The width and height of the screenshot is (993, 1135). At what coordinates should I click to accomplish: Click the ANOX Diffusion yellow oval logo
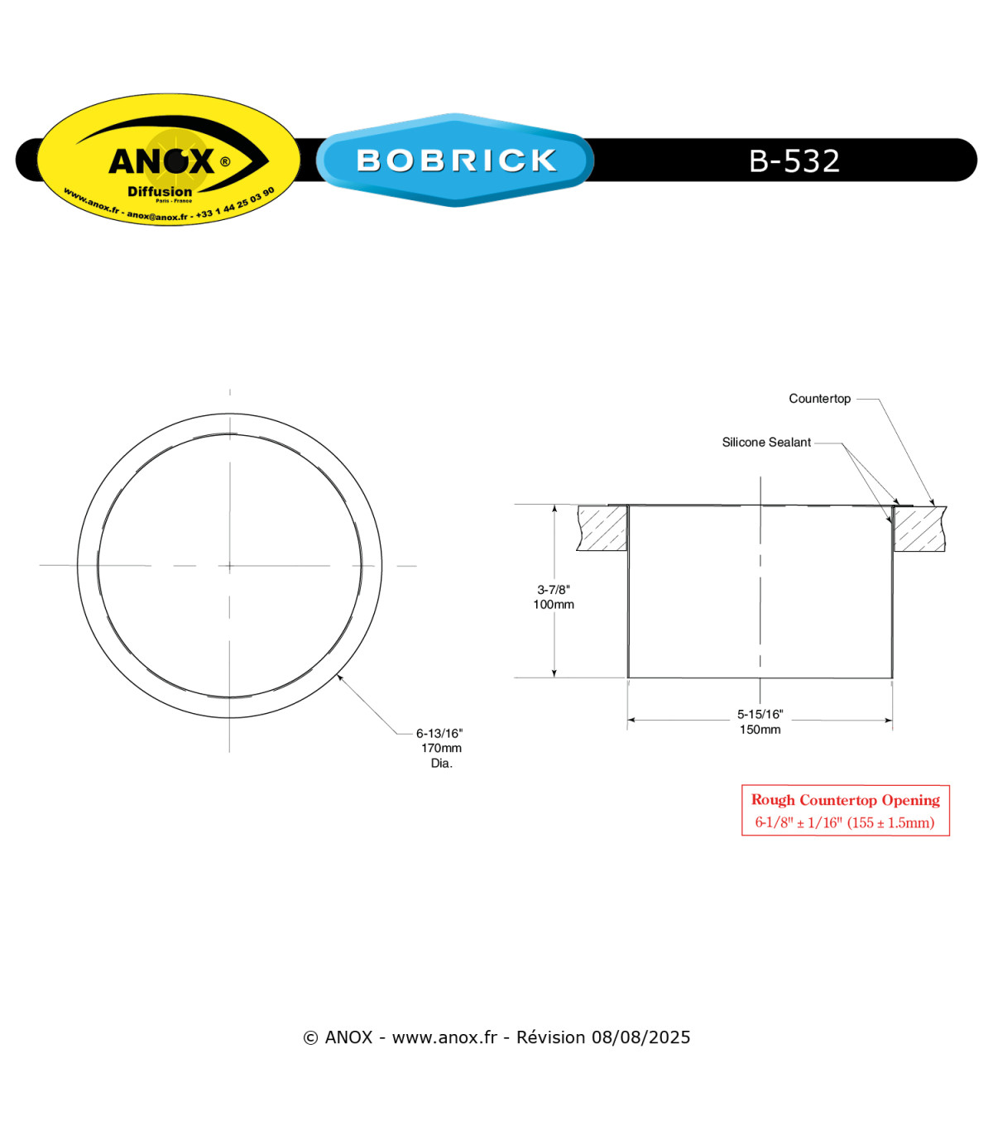169,159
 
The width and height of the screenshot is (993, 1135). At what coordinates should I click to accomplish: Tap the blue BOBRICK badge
455,160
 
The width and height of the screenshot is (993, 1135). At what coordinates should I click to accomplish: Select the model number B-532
794,160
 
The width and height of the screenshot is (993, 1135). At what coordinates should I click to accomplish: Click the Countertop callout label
819,398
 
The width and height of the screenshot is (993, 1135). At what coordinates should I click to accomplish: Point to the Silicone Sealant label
766,442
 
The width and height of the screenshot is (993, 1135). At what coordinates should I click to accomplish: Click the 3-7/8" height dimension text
553,589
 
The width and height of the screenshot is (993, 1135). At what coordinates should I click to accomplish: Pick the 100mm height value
553,604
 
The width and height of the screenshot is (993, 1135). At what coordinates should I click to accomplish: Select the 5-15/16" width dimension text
760,714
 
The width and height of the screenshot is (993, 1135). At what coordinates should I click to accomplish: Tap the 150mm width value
760,730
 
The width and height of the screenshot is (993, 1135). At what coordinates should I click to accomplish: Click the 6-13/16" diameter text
439,734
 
